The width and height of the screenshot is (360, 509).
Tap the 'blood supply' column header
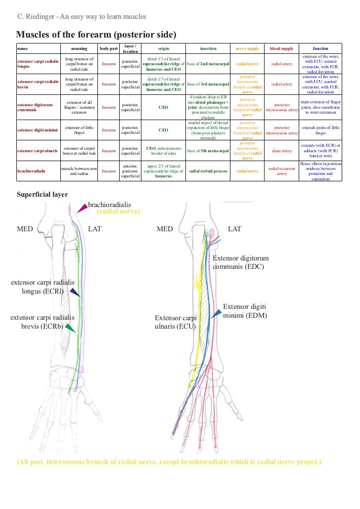pyautogui.click(x=281, y=49)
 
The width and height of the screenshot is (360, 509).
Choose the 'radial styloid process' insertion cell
pyautogui.click(x=208, y=171)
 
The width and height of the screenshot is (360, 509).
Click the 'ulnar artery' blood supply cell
pyautogui.click(x=281, y=150)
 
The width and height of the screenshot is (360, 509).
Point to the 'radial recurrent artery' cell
pyautogui.click(x=281, y=171)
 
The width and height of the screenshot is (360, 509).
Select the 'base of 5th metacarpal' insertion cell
pyautogui.click(x=208, y=150)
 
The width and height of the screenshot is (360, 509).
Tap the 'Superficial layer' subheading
pyautogui.click(x=43, y=194)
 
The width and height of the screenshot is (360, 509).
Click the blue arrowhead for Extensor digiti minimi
pyautogui.click(x=216, y=313)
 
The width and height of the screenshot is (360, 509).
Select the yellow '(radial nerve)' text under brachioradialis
pyautogui.click(x=118, y=212)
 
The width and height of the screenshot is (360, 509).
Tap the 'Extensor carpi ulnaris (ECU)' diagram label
pyautogui.click(x=176, y=322)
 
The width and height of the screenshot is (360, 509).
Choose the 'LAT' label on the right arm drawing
pyautogui.click(x=234, y=229)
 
